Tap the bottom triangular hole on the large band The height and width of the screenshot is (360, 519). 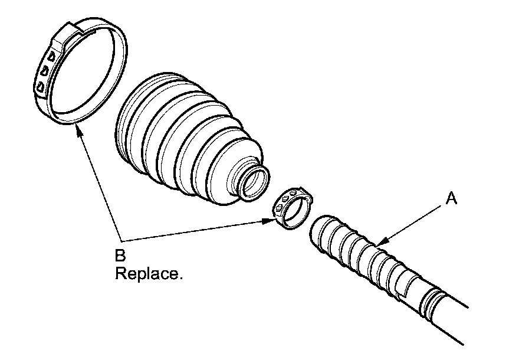(40, 87)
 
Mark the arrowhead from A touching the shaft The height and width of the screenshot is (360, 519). (380, 242)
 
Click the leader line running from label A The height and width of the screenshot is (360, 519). (413, 222)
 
